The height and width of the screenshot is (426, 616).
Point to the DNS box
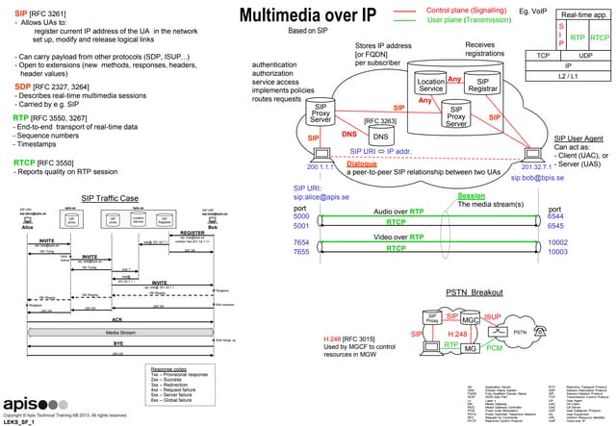pyautogui.click(x=379, y=138)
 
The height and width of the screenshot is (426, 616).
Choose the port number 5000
pyautogui.click(x=301, y=217)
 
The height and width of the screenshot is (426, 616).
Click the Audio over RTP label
pyautogui.click(x=398, y=211)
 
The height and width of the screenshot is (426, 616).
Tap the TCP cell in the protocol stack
pyautogui.click(x=543, y=56)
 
